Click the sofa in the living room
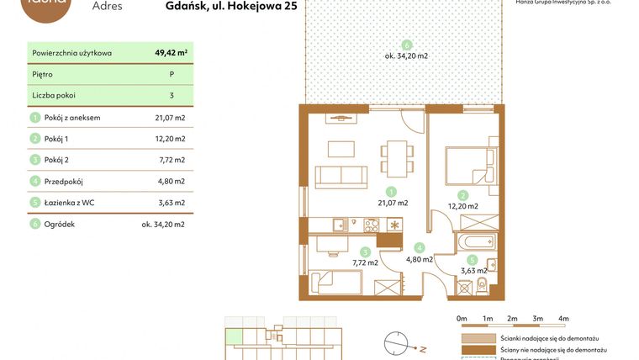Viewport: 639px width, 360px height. (x=341, y=177)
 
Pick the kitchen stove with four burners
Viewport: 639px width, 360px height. (x=371, y=225)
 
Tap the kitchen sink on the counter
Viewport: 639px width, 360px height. (x=338, y=225)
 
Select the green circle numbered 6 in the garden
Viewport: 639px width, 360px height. (x=407, y=45)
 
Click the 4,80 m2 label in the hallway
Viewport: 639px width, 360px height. (x=419, y=259)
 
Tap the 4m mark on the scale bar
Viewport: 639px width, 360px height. (x=563, y=319)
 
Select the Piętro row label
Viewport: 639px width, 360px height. (x=44, y=74)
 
